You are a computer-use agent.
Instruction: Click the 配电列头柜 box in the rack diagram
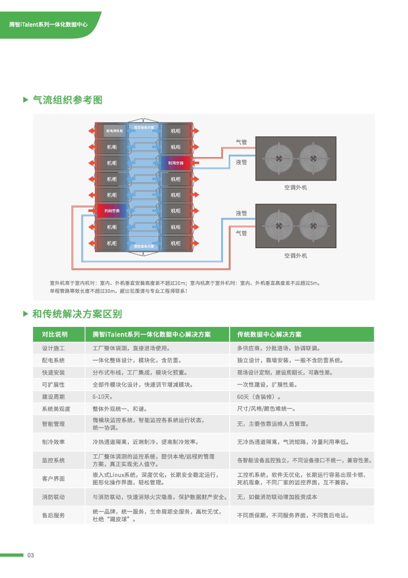click(x=114, y=131)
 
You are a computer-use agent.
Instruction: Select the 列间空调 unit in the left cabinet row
click(x=112, y=211)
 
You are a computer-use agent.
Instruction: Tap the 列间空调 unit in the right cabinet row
click(x=176, y=163)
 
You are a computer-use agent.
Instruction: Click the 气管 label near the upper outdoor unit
click(x=241, y=142)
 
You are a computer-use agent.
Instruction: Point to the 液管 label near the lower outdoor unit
click(x=241, y=213)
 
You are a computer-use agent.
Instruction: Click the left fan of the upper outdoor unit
click(x=279, y=159)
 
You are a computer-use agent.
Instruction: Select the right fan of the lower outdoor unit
click(x=313, y=226)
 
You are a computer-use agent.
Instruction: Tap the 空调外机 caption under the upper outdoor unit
click(x=295, y=187)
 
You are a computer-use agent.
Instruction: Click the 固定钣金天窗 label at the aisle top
click(x=144, y=128)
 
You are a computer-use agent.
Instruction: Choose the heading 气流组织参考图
click(x=67, y=100)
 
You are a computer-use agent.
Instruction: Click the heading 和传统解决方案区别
click(x=77, y=314)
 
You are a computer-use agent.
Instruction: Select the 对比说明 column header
click(x=55, y=335)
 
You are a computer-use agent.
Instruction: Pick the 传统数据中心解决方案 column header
click(x=269, y=335)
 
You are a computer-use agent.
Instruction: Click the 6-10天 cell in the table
click(x=102, y=397)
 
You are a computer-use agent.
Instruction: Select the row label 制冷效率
click(x=53, y=442)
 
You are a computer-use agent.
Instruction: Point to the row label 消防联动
click(x=53, y=497)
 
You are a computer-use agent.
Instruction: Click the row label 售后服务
click(x=53, y=515)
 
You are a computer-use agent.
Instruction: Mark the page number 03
click(x=31, y=555)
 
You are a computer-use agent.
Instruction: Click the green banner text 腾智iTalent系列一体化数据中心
click(x=48, y=25)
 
